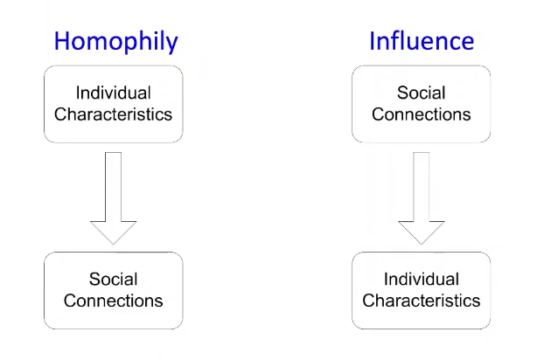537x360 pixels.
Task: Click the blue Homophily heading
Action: click(116, 41)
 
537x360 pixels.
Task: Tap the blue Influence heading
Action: click(422, 41)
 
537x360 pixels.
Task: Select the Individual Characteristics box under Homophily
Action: click(114, 103)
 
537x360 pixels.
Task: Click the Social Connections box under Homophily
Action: click(114, 290)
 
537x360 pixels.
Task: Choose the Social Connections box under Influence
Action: click(422, 103)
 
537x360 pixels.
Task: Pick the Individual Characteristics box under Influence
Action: click(422, 290)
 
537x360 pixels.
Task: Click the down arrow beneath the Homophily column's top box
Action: click(114, 197)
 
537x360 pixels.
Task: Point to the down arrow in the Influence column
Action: click(422, 197)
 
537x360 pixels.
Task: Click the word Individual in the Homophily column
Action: click(114, 93)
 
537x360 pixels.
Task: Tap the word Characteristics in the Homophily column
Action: click(114, 114)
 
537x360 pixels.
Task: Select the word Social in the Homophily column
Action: click(114, 280)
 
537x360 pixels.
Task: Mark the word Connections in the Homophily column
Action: click(114, 301)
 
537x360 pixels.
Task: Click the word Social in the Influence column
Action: click(422, 93)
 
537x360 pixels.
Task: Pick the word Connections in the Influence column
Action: click(422, 114)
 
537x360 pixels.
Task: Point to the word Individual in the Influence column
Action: click(422, 280)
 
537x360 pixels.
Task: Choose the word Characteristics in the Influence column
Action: click(422, 301)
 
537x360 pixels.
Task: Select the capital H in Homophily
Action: click(62, 41)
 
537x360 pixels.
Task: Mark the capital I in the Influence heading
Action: click(373, 41)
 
